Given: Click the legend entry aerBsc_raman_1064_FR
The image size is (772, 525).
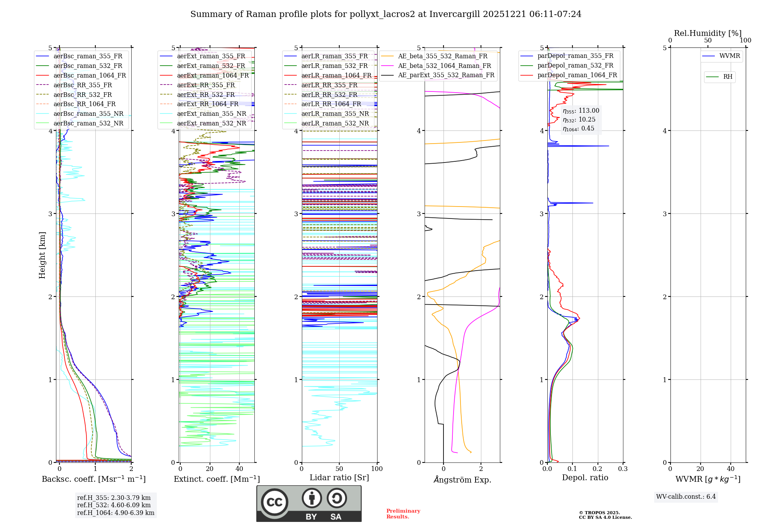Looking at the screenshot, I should (x=90, y=75).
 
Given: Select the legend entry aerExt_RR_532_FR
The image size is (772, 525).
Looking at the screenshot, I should (x=206, y=95).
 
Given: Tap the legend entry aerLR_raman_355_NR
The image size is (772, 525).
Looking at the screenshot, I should (x=335, y=113).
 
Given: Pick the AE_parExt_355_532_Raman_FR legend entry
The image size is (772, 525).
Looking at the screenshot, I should (x=446, y=75).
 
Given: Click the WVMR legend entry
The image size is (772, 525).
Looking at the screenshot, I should (x=730, y=56).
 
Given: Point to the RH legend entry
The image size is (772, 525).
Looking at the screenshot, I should (x=728, y=77).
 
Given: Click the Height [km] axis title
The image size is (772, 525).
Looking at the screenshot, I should (x=42, y=255).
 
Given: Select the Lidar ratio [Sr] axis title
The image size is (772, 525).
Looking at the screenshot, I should (x=339, y=478).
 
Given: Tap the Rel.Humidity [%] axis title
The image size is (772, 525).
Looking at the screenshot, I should (x=708, y=33).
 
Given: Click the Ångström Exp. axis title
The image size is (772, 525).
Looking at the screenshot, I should (x=462, y=480).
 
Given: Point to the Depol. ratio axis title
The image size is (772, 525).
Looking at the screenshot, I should (x=585, y=478).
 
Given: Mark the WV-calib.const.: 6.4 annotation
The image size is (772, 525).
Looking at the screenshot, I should (x=686, y=496).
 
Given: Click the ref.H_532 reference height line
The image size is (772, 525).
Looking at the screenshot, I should (x=114, y=505).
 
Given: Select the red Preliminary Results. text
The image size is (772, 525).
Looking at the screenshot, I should (x=403, y=514).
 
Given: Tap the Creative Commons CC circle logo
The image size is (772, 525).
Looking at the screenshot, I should (x=274, y=502).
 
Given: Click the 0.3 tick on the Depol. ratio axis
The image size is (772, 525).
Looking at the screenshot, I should (x=623, y=469).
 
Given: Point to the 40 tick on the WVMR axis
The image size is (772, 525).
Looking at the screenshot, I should (x=730, y=469).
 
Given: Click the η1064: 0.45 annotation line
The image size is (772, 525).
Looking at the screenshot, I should (x=578, y=129).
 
